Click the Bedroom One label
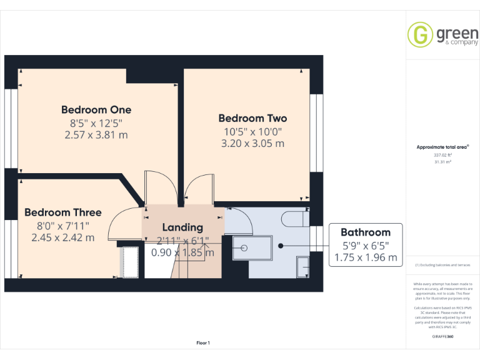point(96,110)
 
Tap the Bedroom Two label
point(252,118)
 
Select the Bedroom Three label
point(62,212)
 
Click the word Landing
point(182,227)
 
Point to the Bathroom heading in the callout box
point(366,232)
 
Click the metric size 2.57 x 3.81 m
point(96,134)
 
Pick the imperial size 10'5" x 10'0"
point(252,131)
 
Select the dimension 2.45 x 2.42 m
point(62,237)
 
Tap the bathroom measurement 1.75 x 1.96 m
point(366,257)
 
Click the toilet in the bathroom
point(294,219)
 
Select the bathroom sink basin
point(302,266)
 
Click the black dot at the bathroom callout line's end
point(281,246)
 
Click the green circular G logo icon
point(420,35)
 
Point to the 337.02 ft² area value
point(442,154)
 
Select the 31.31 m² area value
point(442,161)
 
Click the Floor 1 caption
point(203,343)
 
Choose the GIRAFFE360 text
point(442,337)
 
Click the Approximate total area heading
point(442,147)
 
